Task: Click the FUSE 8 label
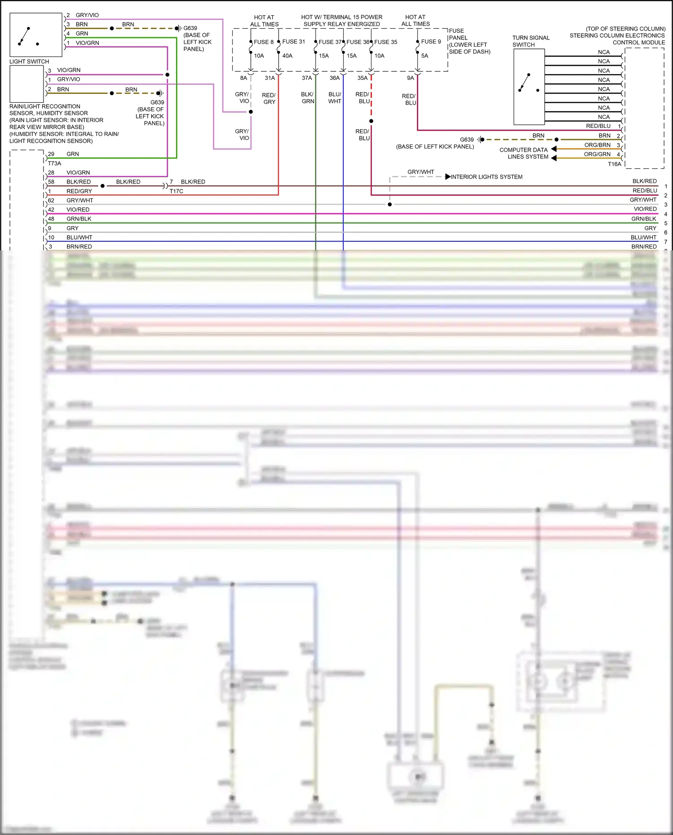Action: pos(263,42)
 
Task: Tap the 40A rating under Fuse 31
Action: pos(287,56)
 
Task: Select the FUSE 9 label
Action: pos(431,42)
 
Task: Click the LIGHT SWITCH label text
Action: pos(29,61)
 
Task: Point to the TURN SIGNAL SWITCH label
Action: pos(531,41)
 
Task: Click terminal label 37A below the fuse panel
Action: pos(307,78)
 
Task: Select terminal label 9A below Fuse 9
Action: pos(410,78)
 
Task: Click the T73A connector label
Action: pos(54,163)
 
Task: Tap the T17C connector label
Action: pos(176,191)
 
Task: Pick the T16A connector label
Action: pos(615,164)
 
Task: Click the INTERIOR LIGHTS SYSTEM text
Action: pos(486,177)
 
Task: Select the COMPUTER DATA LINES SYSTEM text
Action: pos(524,153)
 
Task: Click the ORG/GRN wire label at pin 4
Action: pos(597,154)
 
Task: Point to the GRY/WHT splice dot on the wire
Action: pos(389,205)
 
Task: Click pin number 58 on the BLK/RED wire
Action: pos(51,182)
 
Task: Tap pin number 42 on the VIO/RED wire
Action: pos(51,210)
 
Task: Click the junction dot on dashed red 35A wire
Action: pos(371,121)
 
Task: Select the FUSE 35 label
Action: pos(386,42)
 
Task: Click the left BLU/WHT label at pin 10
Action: pos(79,237)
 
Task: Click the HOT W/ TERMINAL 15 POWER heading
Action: pos(341,17)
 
